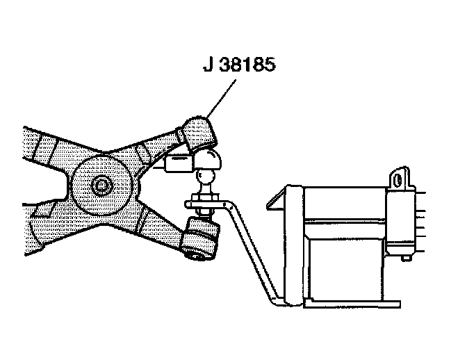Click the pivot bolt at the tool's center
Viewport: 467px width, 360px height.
(102, 186)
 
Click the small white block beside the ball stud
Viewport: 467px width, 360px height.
(177, 164)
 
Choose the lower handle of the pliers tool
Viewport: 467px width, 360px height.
(49, 222)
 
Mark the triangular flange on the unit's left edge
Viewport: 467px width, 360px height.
(276, 200)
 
